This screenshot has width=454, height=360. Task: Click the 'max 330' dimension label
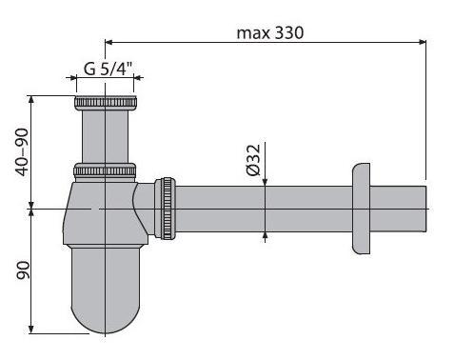tap(270, 33)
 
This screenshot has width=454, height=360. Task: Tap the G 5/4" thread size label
tap(109, 69)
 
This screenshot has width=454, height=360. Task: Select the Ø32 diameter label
tap(253, 160)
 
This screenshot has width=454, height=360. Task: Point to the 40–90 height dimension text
tap(23, 151)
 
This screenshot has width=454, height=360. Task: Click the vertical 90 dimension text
tap(23, 270)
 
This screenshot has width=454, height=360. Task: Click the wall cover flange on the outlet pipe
tap(362, 209)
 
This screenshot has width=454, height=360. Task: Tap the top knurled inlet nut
tap(105, 103)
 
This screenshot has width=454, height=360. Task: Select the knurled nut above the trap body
tap(105, 170)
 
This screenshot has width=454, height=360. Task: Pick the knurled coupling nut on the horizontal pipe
tap(165, 209)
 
